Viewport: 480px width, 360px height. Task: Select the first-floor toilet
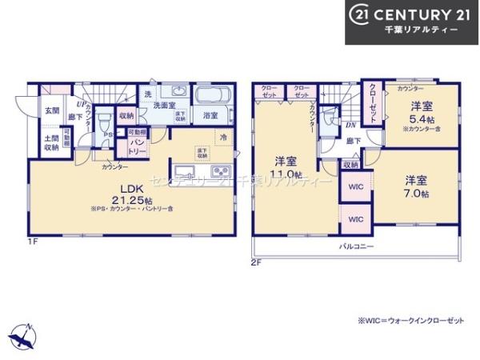[104, 122]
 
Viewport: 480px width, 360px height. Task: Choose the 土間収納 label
[51, 142]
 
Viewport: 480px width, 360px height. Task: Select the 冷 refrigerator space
[224, 137]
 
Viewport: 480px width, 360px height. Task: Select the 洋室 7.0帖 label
[416, 186]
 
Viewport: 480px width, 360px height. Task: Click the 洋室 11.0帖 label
[286, 166]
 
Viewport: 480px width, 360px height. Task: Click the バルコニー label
[358, 247]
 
